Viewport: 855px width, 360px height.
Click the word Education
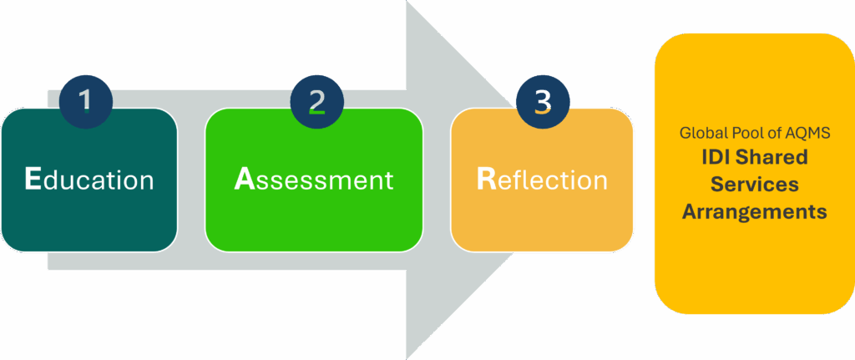coord(89,180)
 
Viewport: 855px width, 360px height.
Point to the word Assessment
coord(313,180)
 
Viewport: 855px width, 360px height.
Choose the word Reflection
coord(541,180)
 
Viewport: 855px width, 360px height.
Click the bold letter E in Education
coord(33,180)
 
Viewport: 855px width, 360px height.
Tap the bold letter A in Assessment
coord(243,180)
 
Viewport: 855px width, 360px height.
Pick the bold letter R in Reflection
coord(486,180)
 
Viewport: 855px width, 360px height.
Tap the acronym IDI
coord(712,157)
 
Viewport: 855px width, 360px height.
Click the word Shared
coord(775,157)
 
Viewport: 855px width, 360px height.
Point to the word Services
coord(754,185)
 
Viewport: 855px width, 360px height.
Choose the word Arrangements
coord(754,212)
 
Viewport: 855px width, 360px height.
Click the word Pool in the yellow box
coord(745,133)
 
